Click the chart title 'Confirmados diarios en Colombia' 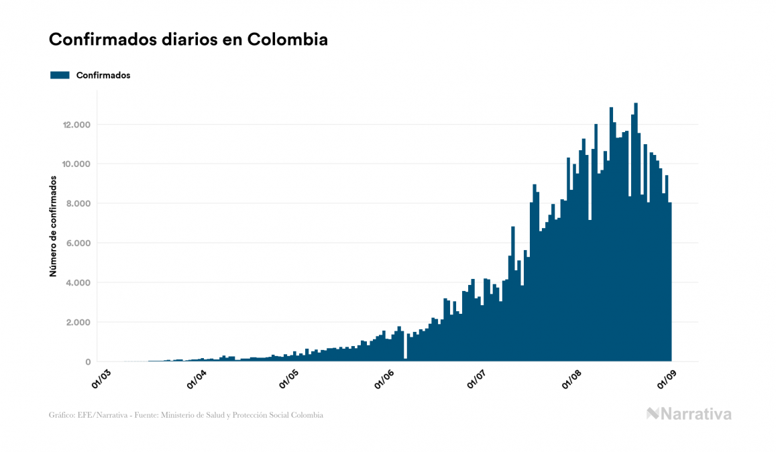188,40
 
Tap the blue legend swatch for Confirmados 60,75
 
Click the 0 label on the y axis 89,362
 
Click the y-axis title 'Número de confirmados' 52,227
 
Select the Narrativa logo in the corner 689,414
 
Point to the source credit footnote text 186,415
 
